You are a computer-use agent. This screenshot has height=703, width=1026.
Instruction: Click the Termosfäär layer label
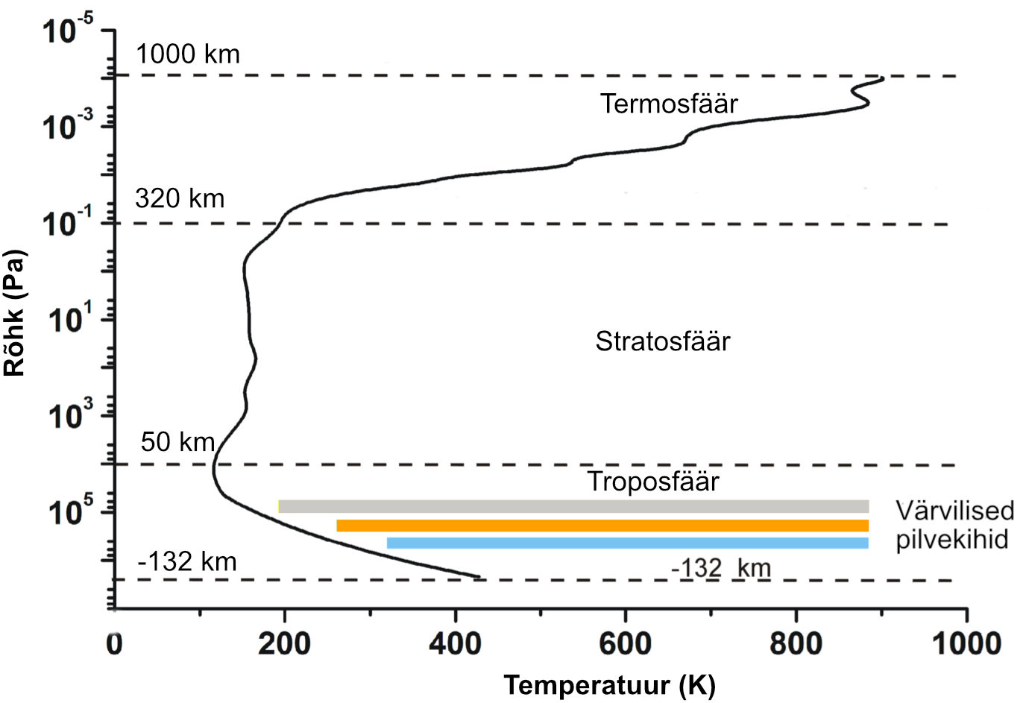[x=669, y=104]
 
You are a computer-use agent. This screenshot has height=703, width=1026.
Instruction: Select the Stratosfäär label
[x=662, y=341]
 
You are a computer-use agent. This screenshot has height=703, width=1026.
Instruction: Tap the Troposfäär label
[x=653, y=482]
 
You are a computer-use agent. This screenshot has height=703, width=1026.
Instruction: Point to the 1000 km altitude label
[x=188, y=54]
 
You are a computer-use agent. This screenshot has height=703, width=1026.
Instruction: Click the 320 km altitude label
[x=180, y=198]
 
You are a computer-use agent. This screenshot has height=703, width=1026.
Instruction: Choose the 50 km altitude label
[x=177, y=442]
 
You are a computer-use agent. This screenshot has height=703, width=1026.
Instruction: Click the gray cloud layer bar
[x=573, y=507]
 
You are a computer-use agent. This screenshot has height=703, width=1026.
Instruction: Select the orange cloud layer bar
[x=602, y=526]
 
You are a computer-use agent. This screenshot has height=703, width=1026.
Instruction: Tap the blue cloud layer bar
[x=628, y=543]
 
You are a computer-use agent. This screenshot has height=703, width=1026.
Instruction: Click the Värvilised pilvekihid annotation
[x=954, y=525]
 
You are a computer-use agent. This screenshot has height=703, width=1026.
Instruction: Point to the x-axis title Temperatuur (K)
[x=609, y=684]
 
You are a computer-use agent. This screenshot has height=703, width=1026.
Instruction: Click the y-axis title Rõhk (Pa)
[x=15, y=313]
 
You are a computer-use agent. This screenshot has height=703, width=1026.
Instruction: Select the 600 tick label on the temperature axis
[x=625, y=643]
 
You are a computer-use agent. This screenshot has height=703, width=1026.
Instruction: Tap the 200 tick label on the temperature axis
[x=284, y=643]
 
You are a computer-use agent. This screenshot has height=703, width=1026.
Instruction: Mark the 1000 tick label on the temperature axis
[x=966, y=643]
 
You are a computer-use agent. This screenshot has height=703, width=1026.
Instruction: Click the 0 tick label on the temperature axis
[x=114, y=643]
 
